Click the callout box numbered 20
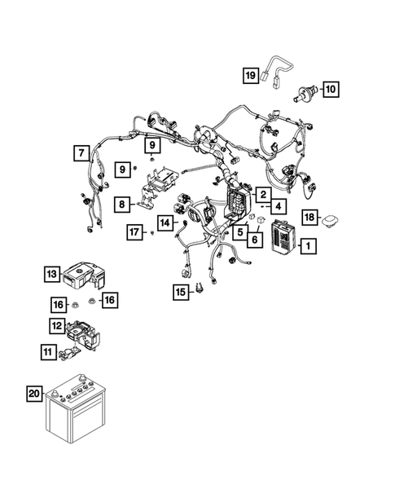33,394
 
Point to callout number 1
307,244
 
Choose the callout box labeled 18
310,216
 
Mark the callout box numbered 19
250,76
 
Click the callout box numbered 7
80,152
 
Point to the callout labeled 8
121,205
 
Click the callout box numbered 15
178,291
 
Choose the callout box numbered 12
57,326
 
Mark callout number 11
50,351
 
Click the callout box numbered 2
263,194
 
